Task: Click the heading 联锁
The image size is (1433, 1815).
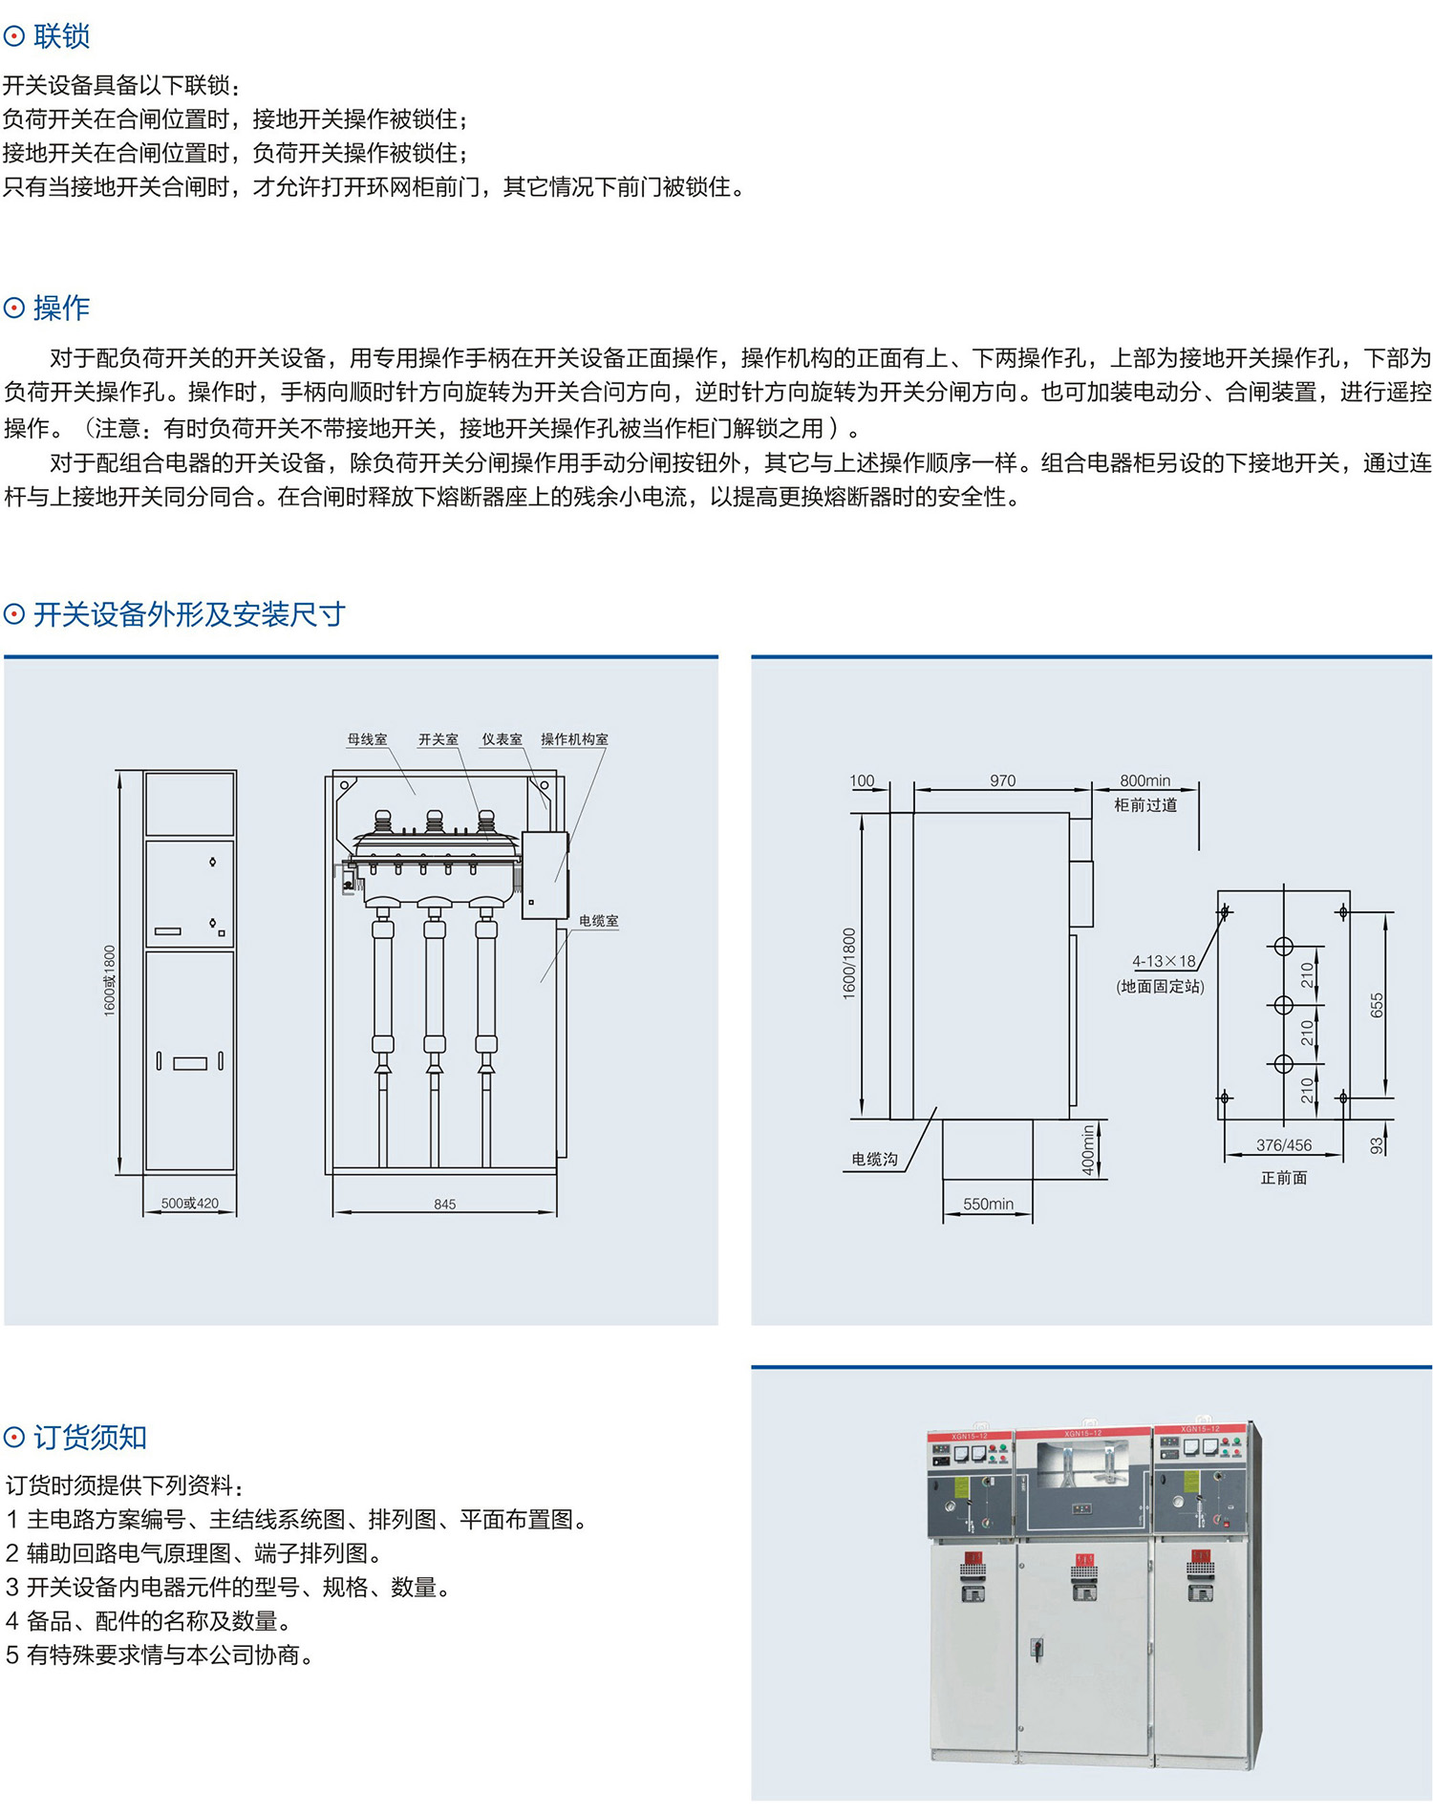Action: pyautogui.click(x=61, y=36)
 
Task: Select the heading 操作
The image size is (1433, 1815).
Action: pyautogui.click(x=61, y=308)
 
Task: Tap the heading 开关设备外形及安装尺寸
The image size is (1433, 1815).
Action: pyautogui.click(x=188, y=614)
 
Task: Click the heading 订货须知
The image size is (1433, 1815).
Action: pyautogui.click(x=90, y=1437)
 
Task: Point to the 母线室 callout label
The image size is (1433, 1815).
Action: pyautogui.click(x=367, y=739)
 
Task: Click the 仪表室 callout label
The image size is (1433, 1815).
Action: pyautogui.click(x=502, y=739)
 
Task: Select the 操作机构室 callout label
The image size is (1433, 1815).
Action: pyautogui.click(x=574, y=739)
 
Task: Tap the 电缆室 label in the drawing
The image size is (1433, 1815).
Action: pyautogui.click(x=599, y=921)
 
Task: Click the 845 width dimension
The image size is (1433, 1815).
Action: pyautogui.click(x=444, y=1205)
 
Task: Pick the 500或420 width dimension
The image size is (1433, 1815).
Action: pyautogui.click(x=189, y=1204)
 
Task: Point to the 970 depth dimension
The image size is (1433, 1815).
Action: pyautogui.click(x=1002, y=780)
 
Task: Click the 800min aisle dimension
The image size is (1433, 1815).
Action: pyautogui.click(x=1144, y=780)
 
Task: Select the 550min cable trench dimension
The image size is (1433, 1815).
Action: pyautogui.click(x=988, y=1205)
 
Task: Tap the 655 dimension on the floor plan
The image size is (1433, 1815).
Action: pyautogui.click(x=1377, y=1005)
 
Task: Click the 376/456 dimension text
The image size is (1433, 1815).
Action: pyautogui.click(x=1283, y=1145)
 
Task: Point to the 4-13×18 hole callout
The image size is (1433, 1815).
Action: pyautogui.click(x=1164, y=961)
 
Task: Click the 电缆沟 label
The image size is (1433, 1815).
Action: pyautogui.click(x=874, y=1160)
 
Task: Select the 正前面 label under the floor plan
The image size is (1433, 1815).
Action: pyautogui.click(x=1283, y=1178)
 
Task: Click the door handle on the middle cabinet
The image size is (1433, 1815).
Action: pyautogui.click(x=1036, y=1647)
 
